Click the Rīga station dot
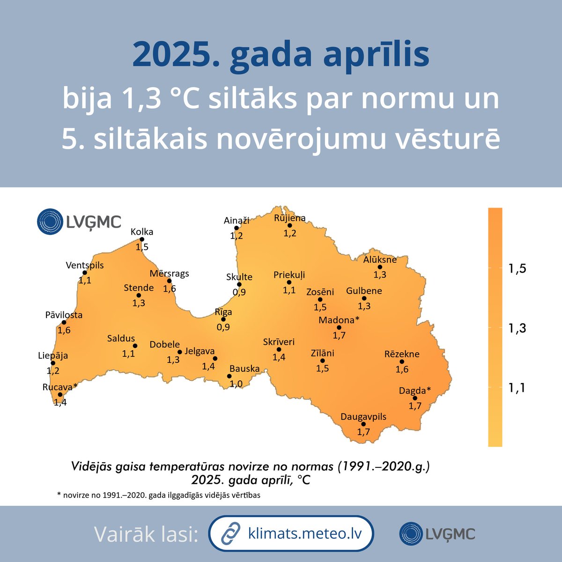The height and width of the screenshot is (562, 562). tap(223, 319)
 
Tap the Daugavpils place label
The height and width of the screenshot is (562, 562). tap(363, 416)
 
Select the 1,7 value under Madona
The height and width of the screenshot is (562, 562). tap(339, 335)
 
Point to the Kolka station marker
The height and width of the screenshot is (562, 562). tap(142, 239)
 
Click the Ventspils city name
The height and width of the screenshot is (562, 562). tap(85, 265)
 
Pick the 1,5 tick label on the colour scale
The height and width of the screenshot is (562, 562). tap(518, 268)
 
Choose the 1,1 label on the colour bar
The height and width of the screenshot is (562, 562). tap(518, 388)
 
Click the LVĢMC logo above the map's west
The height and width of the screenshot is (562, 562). tap(79, 222)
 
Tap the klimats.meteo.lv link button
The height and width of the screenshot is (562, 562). tap(291, 533)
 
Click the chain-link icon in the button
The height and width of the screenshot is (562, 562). tap(230, 533)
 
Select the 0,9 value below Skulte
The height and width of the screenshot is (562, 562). tap(239, 292)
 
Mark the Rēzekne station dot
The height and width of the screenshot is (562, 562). tap(402, 362)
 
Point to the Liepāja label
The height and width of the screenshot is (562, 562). tap(53, 355)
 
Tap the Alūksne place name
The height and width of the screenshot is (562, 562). tap(380, 259)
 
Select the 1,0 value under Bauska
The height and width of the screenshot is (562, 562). tap(236, 384)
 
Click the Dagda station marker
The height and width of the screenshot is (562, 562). tap(415, 398)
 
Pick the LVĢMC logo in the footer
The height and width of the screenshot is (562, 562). tap(437, 534)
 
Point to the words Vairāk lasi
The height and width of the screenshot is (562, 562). tap(146, 534)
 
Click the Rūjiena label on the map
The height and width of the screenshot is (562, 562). tap(289, 218)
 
